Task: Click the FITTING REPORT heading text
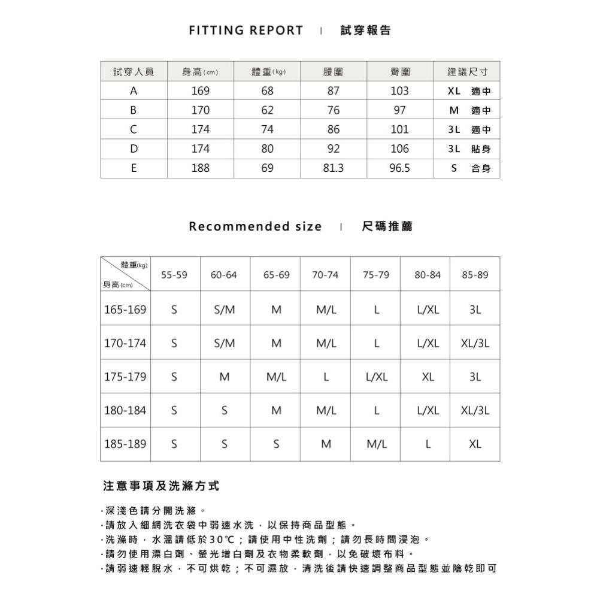pyautogui.click(x=246, y=31)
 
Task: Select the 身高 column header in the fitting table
pyautogui.click(x=199, y=72)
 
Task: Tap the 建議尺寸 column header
pyautogui.click(x=467, y=72)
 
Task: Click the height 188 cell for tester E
pyautogui.click(x=200, y=169)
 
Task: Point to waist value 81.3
pyautogui.click(x=334, y=169)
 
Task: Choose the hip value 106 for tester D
pyautogui.click(x=399, y=149)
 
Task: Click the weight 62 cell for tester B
pyautogui.click(x=267, y=111)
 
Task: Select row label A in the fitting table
pyautogui.click(x=134, y=92)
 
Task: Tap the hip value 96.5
pyautogui.click(x=399, y=169)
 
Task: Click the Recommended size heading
pyautogui.click(x=255, y=226)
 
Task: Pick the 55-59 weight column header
pyautogui.click(x=174, y=275)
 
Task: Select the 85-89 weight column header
pyautogui.click(x=475, y=275)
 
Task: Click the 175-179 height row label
pyautogui.click(x=125, y=377)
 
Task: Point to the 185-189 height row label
pyautogui.click(x=125, y=445)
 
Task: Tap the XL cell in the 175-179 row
pyautogui.click(x=428, y=377)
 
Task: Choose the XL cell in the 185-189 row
pyautogui.click(x=475, y=445)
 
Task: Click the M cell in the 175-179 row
pyautogui.click(x=224, y=377)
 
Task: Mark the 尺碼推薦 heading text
pyautogui.click(x=387, y=226)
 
